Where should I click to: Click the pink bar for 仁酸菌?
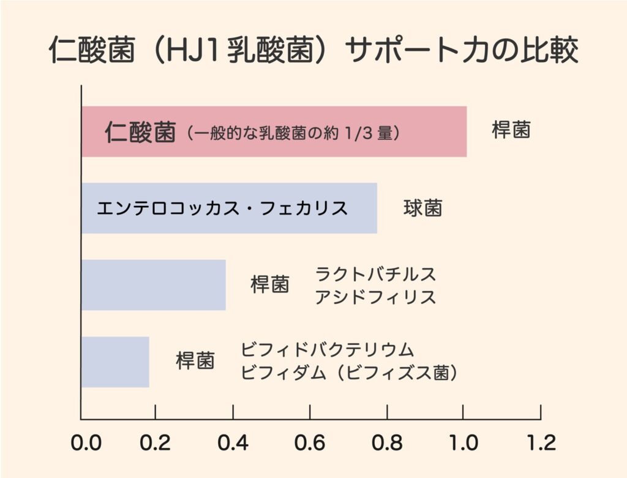tap(441, 132)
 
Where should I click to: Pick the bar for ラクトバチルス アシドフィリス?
tap(153, 285)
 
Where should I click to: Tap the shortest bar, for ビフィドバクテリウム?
tap(115, 362)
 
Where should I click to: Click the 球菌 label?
tap(422, 208)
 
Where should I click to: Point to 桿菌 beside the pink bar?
tap(511, 131)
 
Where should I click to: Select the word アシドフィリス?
tap(375, 297)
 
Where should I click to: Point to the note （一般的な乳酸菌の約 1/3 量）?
tap(293, 133)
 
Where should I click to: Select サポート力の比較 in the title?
tap(462, 51)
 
